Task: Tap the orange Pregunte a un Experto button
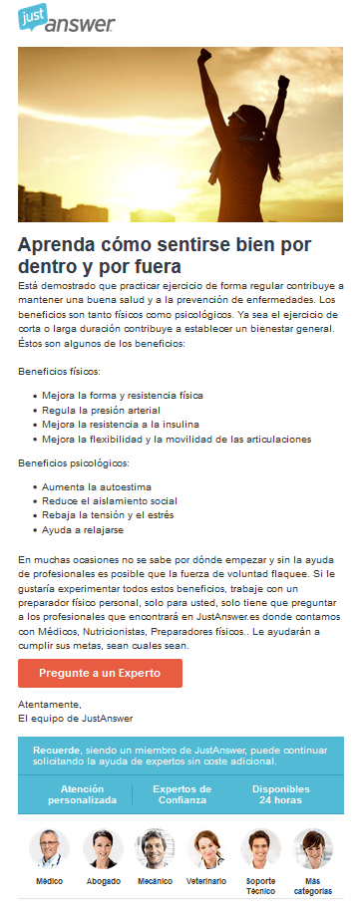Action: click(x=100, y=673)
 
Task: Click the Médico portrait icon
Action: click(x=49, y=848)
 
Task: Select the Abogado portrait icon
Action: click(x=102, y=848)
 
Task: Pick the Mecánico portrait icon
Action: click(x=155, y=848)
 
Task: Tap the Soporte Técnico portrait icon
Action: click(x=260, y=848)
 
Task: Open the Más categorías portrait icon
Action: click(x=312, y=848)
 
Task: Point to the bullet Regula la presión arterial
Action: click(x=101, y=410)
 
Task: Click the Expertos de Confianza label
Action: click(x=181, y=794)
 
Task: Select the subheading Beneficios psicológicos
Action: click(x=74, y=462)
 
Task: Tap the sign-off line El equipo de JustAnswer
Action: click(x=75, y=718)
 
